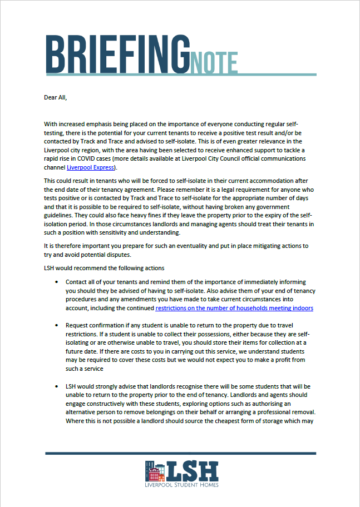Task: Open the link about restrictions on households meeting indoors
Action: point(234,307)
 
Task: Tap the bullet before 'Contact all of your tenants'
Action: point(56,282)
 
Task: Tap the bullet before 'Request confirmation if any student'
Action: point(56,325)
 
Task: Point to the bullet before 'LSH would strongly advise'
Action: point(56,386)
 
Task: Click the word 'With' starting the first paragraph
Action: point(50,124)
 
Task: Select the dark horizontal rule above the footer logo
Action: point(180,453)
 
